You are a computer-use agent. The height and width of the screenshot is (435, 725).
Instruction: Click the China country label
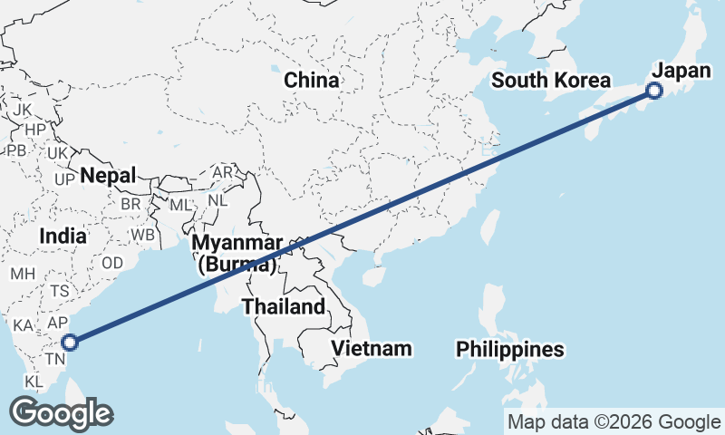tap(312, 80)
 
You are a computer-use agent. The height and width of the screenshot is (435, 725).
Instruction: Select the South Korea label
tap(551, 80)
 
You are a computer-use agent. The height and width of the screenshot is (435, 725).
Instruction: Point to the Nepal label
tap(107, 175)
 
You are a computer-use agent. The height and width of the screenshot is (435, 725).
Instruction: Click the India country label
tap(63, 237)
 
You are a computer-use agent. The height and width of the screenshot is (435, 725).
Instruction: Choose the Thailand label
tap(283, 306)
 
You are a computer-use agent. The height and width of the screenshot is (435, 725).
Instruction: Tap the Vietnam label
tap(372, 348)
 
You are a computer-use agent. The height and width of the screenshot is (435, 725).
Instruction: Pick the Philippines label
tap(510, 349)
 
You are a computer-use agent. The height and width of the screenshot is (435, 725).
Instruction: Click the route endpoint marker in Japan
tap(654, 91)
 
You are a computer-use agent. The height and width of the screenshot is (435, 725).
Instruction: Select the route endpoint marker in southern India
tap(70, 342)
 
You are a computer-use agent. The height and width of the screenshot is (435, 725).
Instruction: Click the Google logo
tap(61, 413)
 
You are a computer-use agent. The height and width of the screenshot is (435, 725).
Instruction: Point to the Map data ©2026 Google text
tap(614, 421)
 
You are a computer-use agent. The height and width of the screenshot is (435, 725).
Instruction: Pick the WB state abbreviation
tap(141, 235)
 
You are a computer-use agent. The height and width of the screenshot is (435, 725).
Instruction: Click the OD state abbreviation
tap(112, 262)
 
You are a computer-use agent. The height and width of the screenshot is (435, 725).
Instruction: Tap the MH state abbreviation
tap(22, 273)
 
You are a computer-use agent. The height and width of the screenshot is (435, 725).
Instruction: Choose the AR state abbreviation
tap(222, 172)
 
